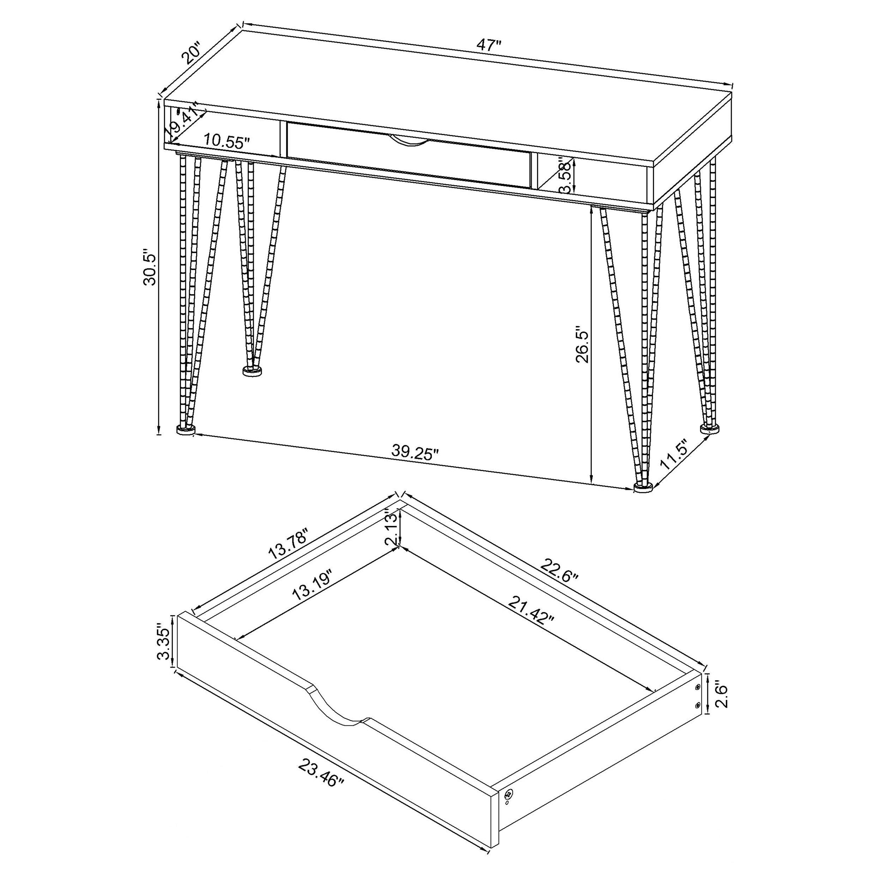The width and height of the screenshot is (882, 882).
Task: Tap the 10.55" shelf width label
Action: (x=226, y=140)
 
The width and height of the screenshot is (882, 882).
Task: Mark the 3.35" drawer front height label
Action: (x=163, y=643)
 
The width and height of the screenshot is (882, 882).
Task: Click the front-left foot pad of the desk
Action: (x=185, y=430)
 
